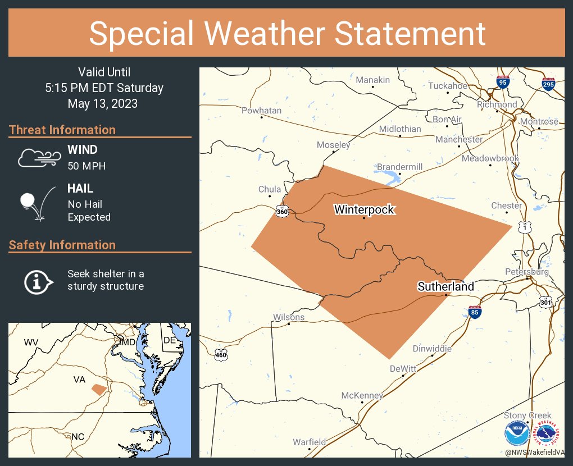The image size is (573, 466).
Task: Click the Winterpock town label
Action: click(364, 210)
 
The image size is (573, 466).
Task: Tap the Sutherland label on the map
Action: click(445, 286)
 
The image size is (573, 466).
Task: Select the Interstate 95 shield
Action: click(503, 83)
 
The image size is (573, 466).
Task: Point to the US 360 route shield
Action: click(282, 211)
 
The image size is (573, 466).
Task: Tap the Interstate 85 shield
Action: click(475, 312)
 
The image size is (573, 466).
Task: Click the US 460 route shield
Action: click(221, 354)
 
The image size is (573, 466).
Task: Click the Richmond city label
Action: click(497, 104)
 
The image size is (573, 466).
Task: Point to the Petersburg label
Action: click(526, 272)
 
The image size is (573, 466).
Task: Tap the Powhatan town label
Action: click(261, 111)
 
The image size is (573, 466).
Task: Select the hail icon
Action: click(37, 203)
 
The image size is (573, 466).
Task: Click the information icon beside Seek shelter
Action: click(38, 281)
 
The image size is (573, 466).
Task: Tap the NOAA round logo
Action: click(516, 435)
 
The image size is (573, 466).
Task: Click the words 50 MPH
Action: click(87, 166)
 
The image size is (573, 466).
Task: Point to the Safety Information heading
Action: click(62, 245)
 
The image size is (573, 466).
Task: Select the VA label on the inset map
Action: click(79, 380)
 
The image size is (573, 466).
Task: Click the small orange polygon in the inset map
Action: click(99, 389)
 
